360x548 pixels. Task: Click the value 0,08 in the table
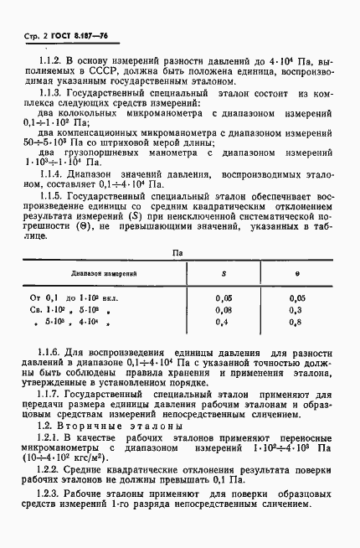(x=224, y=308)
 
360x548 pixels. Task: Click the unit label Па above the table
(x=177, y=251)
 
